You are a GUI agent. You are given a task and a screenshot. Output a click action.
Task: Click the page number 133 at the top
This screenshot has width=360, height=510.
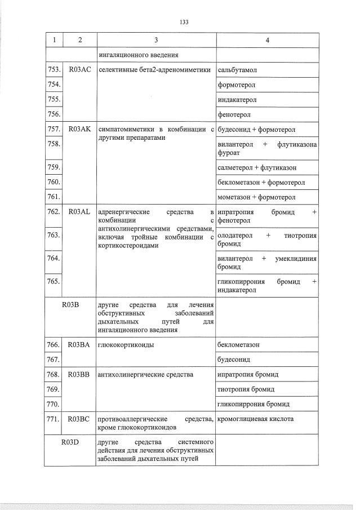coord(184,22)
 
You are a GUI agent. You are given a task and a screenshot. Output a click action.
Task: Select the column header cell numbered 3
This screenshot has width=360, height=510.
coord(156,40)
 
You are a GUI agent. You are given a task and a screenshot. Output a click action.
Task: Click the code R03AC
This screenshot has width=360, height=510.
coord(79,70)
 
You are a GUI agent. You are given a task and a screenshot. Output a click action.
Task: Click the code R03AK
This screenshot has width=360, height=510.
coord(79,129)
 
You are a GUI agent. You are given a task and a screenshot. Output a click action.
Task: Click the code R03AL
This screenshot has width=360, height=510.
coord(79,212)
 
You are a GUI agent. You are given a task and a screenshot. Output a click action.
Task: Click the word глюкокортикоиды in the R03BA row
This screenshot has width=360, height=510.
coord(126,344)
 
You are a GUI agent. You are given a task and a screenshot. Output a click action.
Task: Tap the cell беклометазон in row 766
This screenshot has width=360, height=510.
coord(238,344)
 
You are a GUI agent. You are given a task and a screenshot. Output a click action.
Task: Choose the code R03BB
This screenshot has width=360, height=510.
coord(79,374)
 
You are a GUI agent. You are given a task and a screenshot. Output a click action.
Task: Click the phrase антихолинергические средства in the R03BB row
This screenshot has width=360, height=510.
coord(145,374)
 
